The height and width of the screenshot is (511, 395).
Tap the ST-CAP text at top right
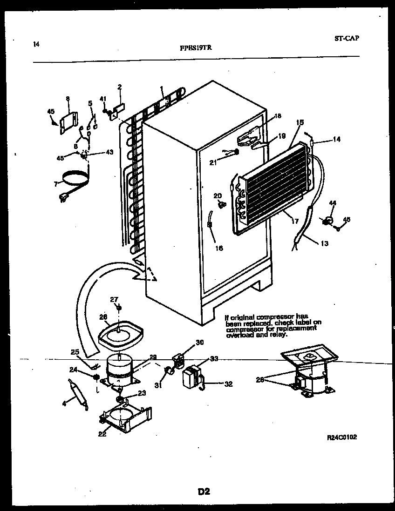point(347,39)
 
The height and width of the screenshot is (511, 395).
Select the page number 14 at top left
point(36,44)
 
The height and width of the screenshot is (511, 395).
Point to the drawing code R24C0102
point(342,437)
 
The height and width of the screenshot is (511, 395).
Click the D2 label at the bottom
point(204,491)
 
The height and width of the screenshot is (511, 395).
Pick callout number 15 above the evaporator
point(300,122)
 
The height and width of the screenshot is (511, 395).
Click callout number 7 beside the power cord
point(55,184)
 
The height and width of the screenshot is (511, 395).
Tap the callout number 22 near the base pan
point(102,434)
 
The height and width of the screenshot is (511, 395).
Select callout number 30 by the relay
point(199,343)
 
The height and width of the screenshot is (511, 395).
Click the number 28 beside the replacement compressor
point(260,380)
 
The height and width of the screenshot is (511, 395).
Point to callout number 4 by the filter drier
point(64,403)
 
